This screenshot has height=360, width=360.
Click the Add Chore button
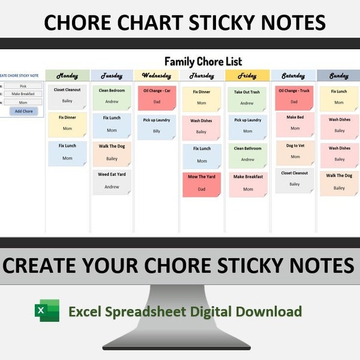(x=24, y=111)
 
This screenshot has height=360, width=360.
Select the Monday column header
(x=67, y=76)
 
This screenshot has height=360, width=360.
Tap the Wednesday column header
(x=157, y=76)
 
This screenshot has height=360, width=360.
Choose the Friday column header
(x=247, y=76)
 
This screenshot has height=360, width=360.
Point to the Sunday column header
(x=339, y=76)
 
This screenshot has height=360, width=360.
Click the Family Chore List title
(x=203, y=61)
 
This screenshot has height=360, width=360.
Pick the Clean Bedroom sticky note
(x=112, y=97)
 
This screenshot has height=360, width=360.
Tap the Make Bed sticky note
(x=295, y=124)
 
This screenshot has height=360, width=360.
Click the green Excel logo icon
(x=47, y=311)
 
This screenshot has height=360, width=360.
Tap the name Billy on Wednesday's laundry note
(x=157, y=131)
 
